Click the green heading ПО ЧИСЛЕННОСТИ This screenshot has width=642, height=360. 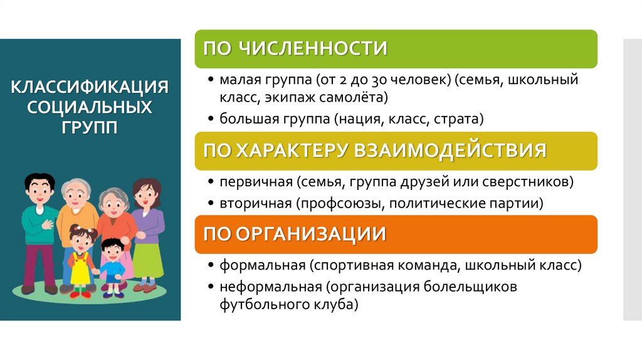pyautogui.click(x=295, y=48)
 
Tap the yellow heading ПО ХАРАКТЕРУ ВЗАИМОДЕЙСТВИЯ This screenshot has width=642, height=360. pyautogui.click(x=374, y=151)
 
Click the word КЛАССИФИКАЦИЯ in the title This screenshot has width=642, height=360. pyautogui.click(x=90, y=86)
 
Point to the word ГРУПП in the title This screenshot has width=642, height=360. pyautogui.click(x=90, y=127)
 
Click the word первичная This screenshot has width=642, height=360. pyautogui.click(x=256, y=183)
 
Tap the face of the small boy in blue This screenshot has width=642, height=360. pyautogui.click(x=112, y=251)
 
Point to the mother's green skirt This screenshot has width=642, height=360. pyautogui.click(x=147, y=260)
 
